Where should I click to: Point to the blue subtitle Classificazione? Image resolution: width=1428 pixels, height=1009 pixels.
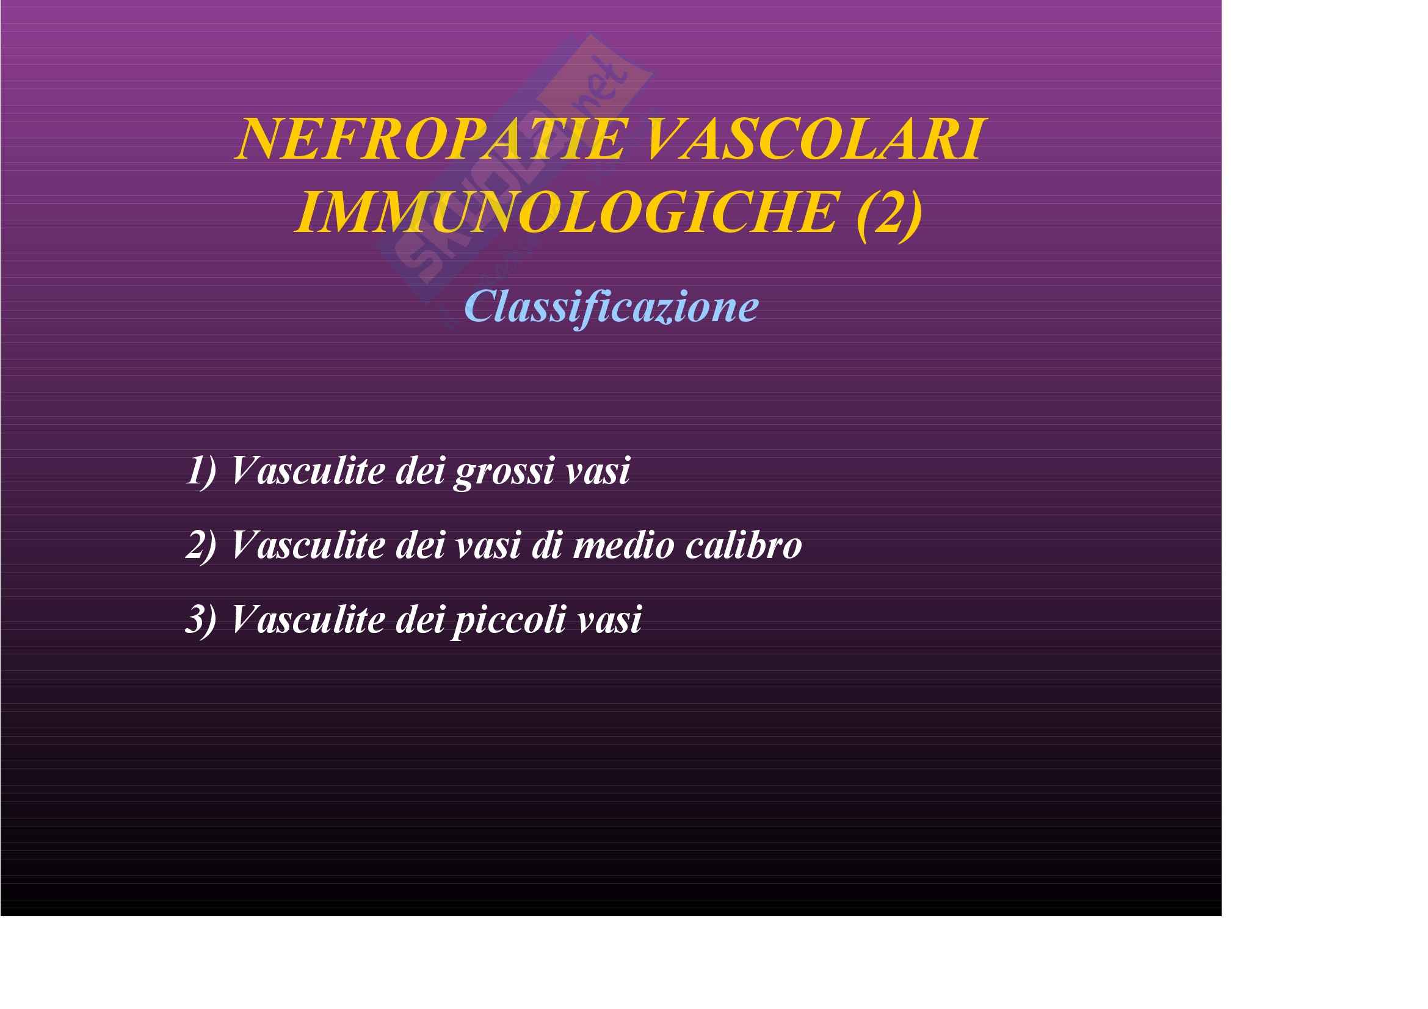point(611,306)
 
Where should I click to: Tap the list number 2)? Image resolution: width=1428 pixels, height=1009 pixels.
point(201,544)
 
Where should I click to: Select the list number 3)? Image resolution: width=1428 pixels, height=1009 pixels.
point(201,619)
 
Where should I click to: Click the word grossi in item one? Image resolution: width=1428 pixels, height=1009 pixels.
point(504,472)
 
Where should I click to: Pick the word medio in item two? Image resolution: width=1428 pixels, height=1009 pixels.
point(623,545)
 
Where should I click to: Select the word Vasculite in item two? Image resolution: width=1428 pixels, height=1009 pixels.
point(308,544)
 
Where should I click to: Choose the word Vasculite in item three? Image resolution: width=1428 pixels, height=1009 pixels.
point(308,619)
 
